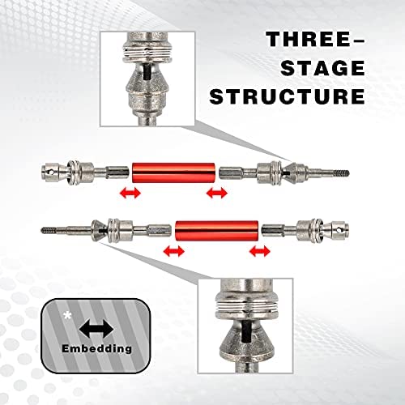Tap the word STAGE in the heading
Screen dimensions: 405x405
point(322,68)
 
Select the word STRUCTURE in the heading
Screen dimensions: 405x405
point(287,96)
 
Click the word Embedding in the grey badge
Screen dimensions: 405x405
point(96,348)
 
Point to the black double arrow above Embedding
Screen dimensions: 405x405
point(96,329)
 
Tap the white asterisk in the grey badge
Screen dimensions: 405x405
point(66,315)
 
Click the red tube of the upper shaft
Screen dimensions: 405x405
point(173,173)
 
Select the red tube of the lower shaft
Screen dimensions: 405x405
point(217,231)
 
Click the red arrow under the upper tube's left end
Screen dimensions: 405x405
point(130,194)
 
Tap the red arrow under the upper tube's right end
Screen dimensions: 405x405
point(217,194)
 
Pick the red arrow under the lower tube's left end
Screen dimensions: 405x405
point(174,251)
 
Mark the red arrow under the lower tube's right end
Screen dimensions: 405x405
point(260,251)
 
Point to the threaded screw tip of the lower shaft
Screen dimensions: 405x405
point(49,230)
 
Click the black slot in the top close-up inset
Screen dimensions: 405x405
point(147,71)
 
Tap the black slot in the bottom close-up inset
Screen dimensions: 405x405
point(246,332)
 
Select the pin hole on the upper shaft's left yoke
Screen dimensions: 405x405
point(50,172)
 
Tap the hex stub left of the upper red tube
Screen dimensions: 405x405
point(117,173)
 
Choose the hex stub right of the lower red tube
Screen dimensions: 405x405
point(273,231)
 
